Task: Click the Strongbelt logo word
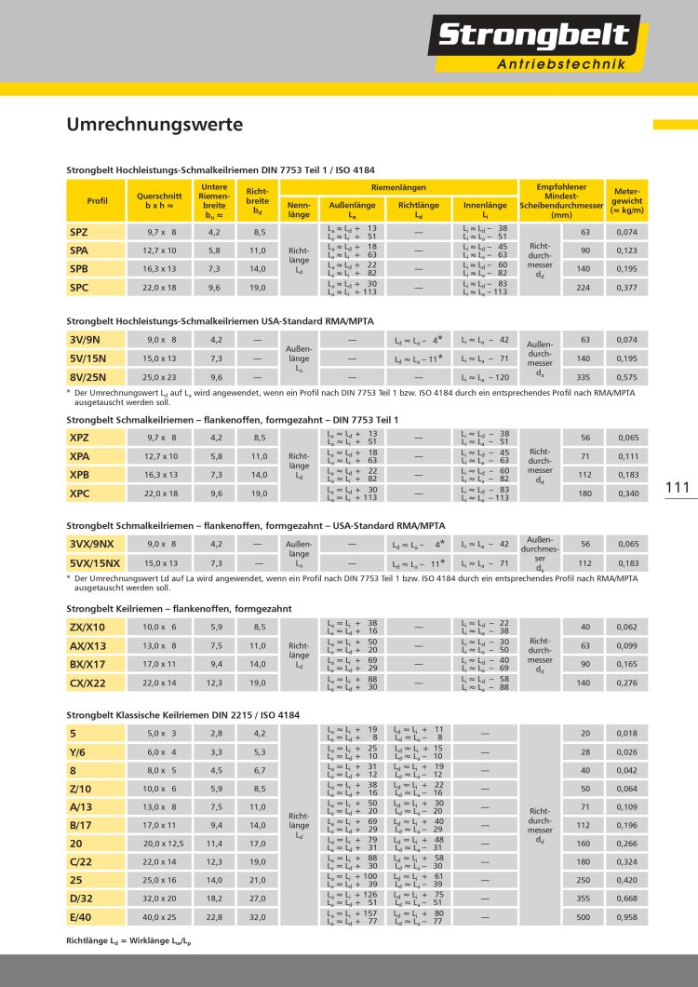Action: click(535, 37)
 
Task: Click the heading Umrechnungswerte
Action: click(154, 124)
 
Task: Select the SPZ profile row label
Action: click(79, 231)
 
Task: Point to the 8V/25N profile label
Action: click(88, 377)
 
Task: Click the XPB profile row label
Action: click(79, 474)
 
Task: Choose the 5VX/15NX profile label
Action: click(94, 562)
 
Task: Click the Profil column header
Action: click(97, 200)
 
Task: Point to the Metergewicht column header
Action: click(628, 200)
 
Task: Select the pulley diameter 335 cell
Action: click(585, 377)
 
